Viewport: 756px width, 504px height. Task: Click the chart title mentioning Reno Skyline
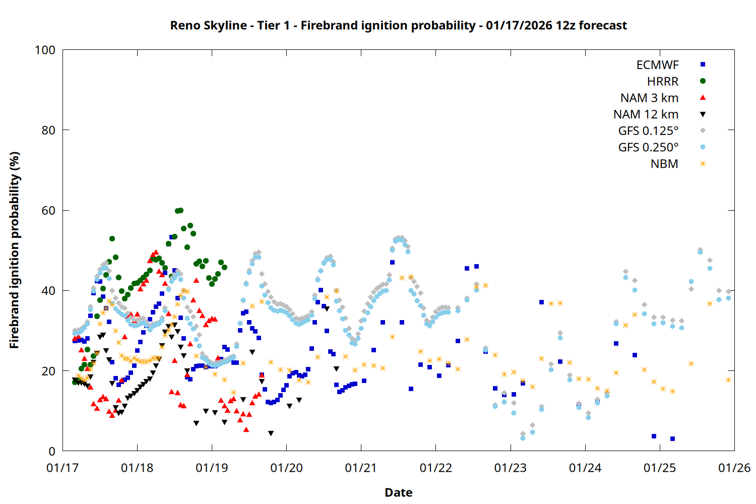(x=398, y=25)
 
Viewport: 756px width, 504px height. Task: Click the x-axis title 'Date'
(x=398, y=492)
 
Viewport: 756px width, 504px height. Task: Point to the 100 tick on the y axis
(x=45, y=50)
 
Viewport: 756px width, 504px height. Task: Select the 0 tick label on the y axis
(x=51, y=452)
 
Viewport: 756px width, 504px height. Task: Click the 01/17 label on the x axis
(x=62, y=468)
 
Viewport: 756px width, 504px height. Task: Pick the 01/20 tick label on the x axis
(x=286, y=468)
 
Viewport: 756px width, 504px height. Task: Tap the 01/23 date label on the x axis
(x=511, y=468)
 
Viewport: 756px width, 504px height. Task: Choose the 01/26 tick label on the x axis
(x=734, y=468)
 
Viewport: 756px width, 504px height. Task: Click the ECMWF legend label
(x=657, y=65)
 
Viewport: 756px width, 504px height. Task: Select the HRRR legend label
(x=663, y=82)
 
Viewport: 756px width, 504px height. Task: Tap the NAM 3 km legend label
(x=649, y=98)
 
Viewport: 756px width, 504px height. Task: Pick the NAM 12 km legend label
(x=646, y=114)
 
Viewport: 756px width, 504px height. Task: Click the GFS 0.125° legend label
(x=648, y=131)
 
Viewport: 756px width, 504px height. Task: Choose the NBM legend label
(x=664, y=164)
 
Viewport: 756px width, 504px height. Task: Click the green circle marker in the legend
(x=703, y=81)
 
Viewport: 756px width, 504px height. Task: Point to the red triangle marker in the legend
(x=703, y=97)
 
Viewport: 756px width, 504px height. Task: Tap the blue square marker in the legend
(x=703, y=65)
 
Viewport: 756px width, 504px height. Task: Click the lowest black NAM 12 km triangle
(x=271, y=433)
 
